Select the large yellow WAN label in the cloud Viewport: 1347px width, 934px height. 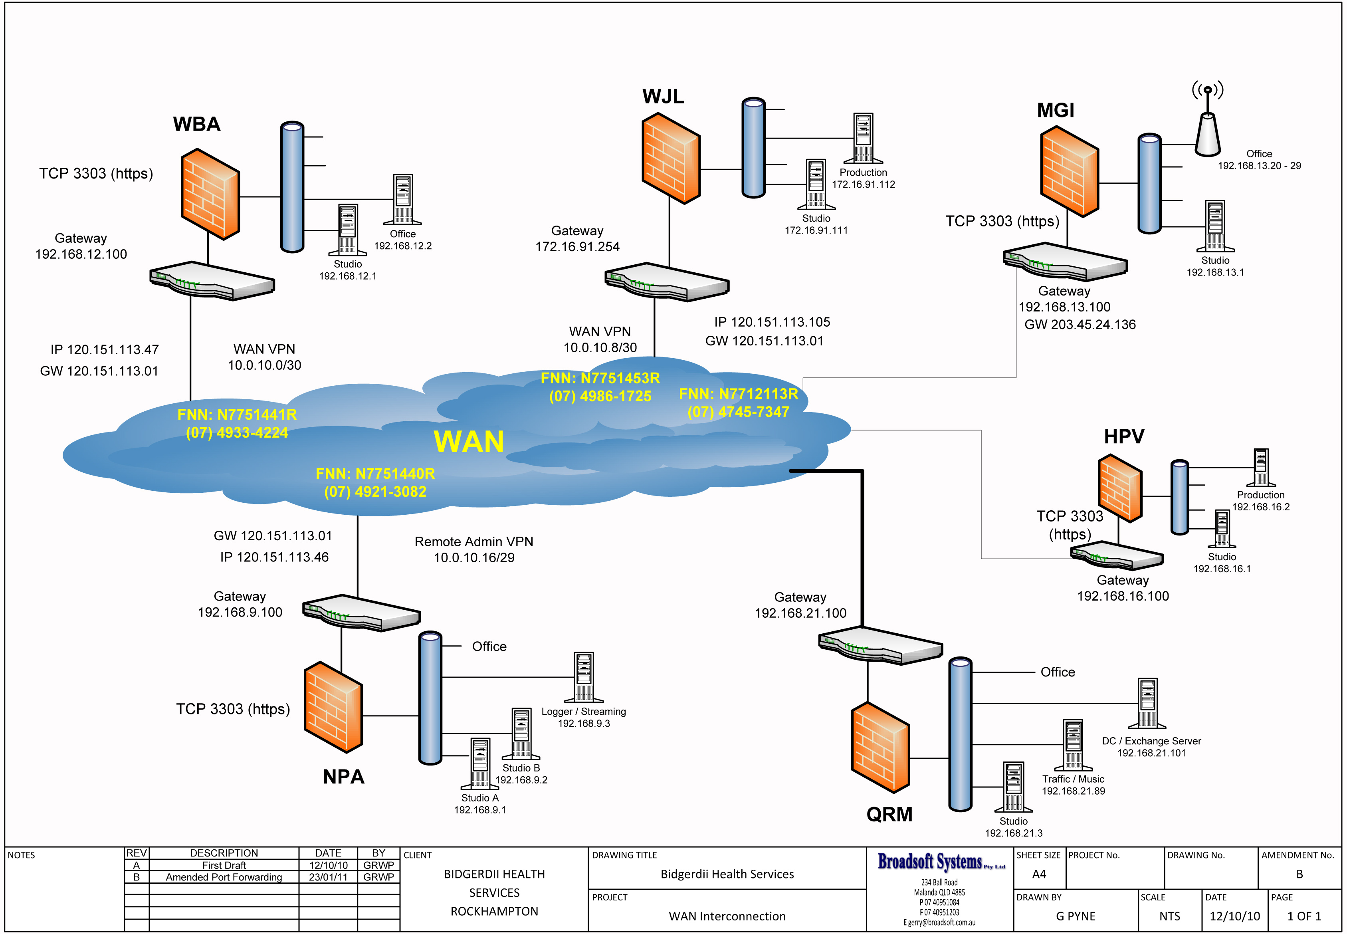click(x=468, y=441)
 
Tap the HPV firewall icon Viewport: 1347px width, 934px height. click(x=1120, y=488)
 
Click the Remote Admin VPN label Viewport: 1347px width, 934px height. click(x=473, y=541)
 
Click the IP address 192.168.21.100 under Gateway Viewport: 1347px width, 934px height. click(x=800, y=613)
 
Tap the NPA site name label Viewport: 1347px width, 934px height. click(x=343, y=777)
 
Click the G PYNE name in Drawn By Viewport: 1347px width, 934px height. click(x=1076, y=916)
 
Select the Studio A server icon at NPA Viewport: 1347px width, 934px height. click(x=480, y=763)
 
